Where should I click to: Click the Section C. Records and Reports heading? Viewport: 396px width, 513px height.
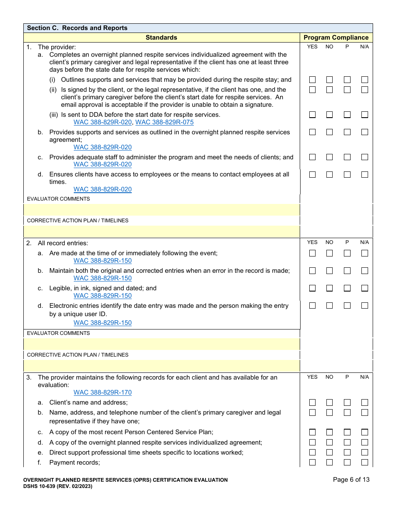tap(77, 28)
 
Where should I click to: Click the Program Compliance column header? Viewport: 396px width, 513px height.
tap(336, 38)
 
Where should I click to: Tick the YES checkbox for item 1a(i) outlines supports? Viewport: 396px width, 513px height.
tap(312, 80)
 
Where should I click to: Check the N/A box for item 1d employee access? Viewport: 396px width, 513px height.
tap(365, 174)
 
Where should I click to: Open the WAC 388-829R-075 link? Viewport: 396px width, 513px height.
tap(164, 122)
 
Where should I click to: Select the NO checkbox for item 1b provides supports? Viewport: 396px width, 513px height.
tap(330, 132)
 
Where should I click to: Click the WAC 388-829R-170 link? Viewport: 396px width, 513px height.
tap(103, 392)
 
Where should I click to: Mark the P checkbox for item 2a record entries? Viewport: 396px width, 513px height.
tap(347, 253)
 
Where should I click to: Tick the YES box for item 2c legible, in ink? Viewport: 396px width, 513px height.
tap(312, 288)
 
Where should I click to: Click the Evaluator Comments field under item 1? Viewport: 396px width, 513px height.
tap(161, 210)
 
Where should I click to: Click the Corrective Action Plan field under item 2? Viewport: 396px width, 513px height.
tap(161, 366)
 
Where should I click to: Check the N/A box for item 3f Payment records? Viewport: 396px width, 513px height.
tap(365, 463)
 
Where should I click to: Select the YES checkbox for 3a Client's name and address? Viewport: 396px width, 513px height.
tap(312, 402)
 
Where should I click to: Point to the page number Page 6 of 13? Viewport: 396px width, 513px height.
tap(351, 480)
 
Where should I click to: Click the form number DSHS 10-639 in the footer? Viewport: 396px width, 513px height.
tap(58, 486)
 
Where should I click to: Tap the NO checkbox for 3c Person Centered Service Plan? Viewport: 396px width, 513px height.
tap(330, 433)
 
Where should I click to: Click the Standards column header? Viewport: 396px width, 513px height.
tap(161, 38)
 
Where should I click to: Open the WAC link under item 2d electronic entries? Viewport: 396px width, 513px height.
tap(103, 323)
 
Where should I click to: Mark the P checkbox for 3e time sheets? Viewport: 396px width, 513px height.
tap(347, 453)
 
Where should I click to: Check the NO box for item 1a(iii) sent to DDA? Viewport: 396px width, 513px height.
tap(330, 115)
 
